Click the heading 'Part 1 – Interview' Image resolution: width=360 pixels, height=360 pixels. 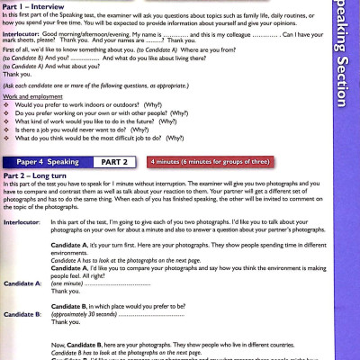[x=34, y=4]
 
